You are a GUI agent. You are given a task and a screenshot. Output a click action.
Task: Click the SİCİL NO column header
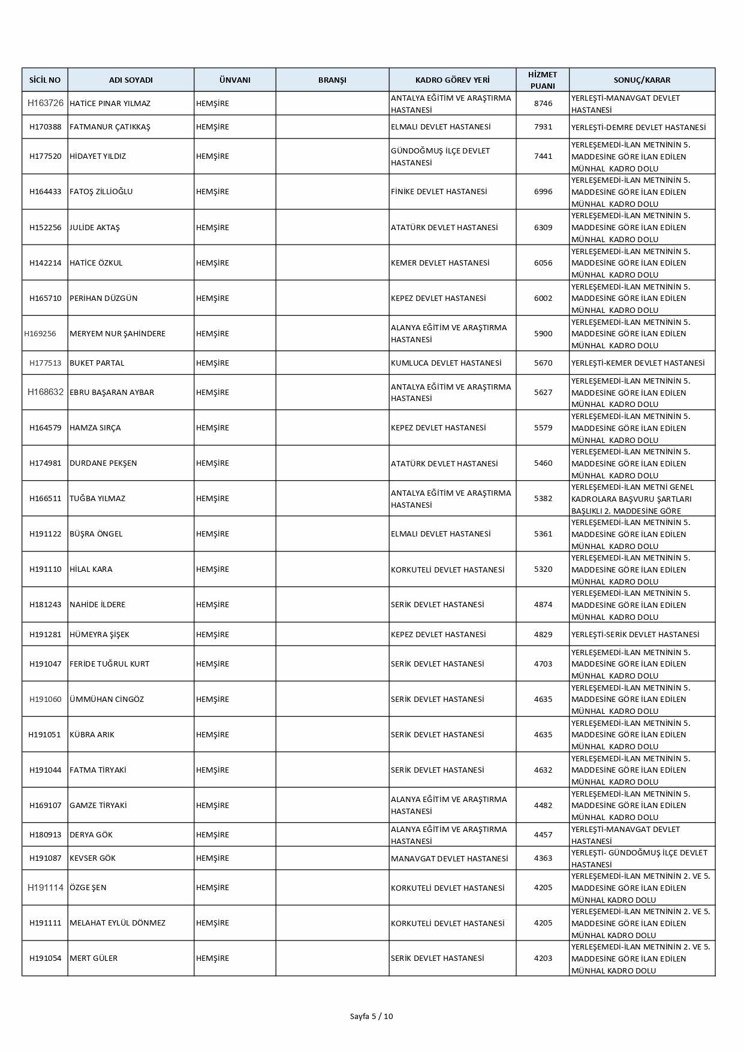click(45, 80)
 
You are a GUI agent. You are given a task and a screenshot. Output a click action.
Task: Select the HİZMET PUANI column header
click(543, 80)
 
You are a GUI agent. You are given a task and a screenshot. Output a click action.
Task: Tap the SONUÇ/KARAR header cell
click(642, 80)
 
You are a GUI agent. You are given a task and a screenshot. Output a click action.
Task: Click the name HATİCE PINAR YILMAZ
click(110, 103)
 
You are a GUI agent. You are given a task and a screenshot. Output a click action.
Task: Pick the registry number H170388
click(45, 127)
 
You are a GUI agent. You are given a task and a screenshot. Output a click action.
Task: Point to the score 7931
click(543, 127)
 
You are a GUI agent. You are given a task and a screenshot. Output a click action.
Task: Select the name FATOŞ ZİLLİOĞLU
click(101, 192)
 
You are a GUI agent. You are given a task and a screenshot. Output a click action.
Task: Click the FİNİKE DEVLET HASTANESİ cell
click(439, 192)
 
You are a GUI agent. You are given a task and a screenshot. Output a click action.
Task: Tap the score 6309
click(543, 227)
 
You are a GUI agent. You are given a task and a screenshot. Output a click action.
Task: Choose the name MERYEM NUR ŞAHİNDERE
click(118, 333)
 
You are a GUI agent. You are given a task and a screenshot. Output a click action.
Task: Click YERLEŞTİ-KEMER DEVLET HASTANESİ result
click(638, 363)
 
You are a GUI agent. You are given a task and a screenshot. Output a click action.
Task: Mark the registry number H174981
click(45, 463)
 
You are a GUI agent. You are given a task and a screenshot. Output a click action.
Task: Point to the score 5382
click(543, 498)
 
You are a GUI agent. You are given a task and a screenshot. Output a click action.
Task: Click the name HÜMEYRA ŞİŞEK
click(100, 634)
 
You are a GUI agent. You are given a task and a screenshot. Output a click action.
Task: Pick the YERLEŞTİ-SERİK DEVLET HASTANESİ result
click(635, 634)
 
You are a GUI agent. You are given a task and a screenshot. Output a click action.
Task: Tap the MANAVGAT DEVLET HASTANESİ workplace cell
click(449, 858)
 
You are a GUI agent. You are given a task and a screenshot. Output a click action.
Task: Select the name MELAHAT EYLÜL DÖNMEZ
click(118, 923)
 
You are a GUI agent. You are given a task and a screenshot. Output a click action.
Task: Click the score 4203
click(543, 958)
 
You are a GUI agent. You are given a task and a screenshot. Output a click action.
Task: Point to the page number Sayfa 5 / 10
click(372, 1016)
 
